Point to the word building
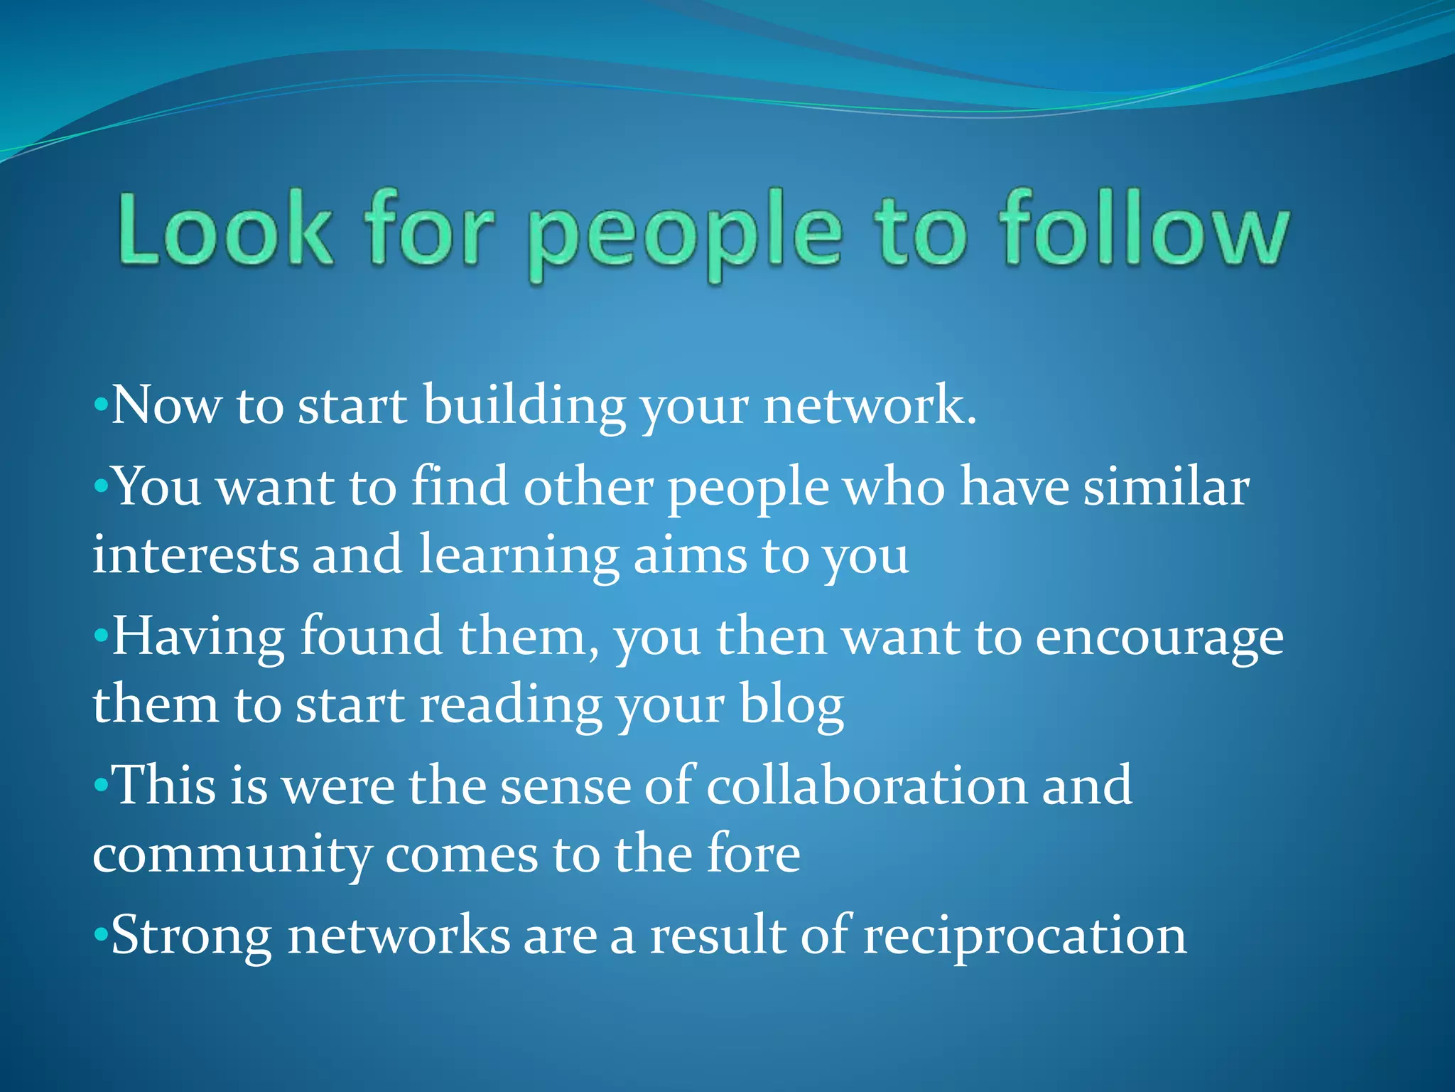click(x=524, y=406)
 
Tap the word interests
click(x=195, y=555)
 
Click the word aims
click(x=689, y=555)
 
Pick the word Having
click(x=198, y=638)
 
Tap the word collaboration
click(x=866, y=786)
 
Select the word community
click(x=232, y=855)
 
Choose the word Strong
click(x=191, y=936)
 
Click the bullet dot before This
click(x=101, y=786)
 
